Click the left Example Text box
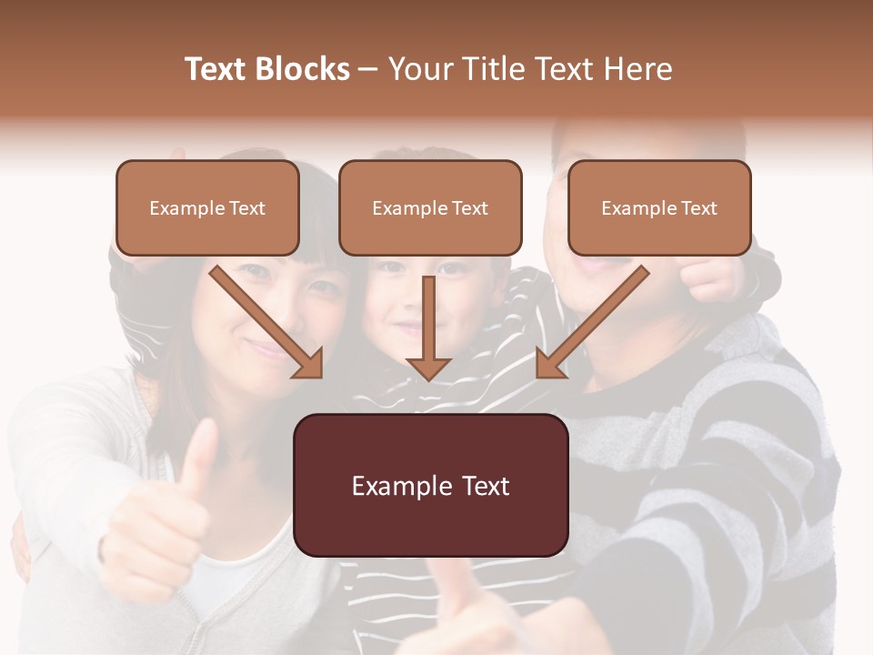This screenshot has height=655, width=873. pyautogui.click(x=207, y=208)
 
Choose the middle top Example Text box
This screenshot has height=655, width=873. pyautogui.click(x=430, y=208)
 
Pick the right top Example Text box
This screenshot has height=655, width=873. pyautogui.click(x=659, y=208)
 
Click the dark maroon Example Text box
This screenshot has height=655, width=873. pyautogui.click(x=431, y=486)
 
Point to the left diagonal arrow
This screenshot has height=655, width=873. pyautogui.click(x=266, y=321)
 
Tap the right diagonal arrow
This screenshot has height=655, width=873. pyautogui.click(x=593, y=321)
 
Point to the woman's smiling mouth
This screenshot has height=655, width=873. pyautogui.click(x=266, y=348)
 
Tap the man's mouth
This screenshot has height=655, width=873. pyautogui.click(x=591, y=266)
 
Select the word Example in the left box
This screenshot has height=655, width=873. pyautogui.click(x=181, y=208)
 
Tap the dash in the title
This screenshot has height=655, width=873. pyautogui.click(x=368, y=70)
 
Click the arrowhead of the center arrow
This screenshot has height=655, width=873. pyautogui.click(x=428, y=368)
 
